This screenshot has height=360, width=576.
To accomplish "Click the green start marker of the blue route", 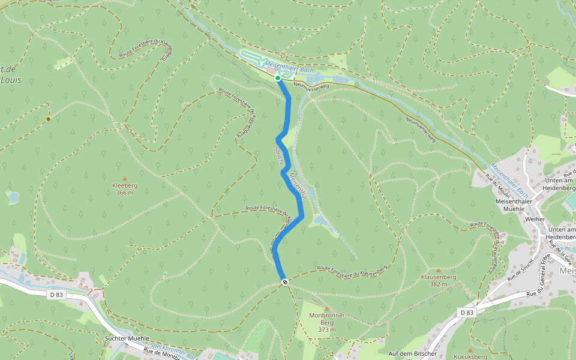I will tap(278, 78).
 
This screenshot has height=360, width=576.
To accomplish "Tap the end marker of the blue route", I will tap(285, 282).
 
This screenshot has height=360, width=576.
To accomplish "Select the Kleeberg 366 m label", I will tap(125, 189).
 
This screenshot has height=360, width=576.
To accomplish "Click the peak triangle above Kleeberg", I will tap(125, 179).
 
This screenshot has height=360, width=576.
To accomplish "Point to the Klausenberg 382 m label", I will tap(439, 281).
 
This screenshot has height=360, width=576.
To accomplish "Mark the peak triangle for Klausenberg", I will tap(439, 271).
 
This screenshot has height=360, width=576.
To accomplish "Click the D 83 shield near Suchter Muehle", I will tap(56, 295).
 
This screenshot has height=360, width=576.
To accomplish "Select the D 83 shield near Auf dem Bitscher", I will tap(467, 313).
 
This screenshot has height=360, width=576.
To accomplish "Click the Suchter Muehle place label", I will tap(127, 338).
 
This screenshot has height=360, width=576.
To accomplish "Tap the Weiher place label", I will tap(535, 219).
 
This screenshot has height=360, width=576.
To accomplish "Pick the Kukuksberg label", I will tap(470, 356).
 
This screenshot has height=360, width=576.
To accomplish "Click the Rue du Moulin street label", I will tap(498, 186).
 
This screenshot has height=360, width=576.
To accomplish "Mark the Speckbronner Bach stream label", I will tap(174, 350).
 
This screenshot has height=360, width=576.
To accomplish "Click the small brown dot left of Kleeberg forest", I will tap(48, 119).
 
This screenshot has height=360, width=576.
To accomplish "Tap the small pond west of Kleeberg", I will tap(13, 197).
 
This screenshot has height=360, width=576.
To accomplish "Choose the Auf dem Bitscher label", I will tap(413, 353).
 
